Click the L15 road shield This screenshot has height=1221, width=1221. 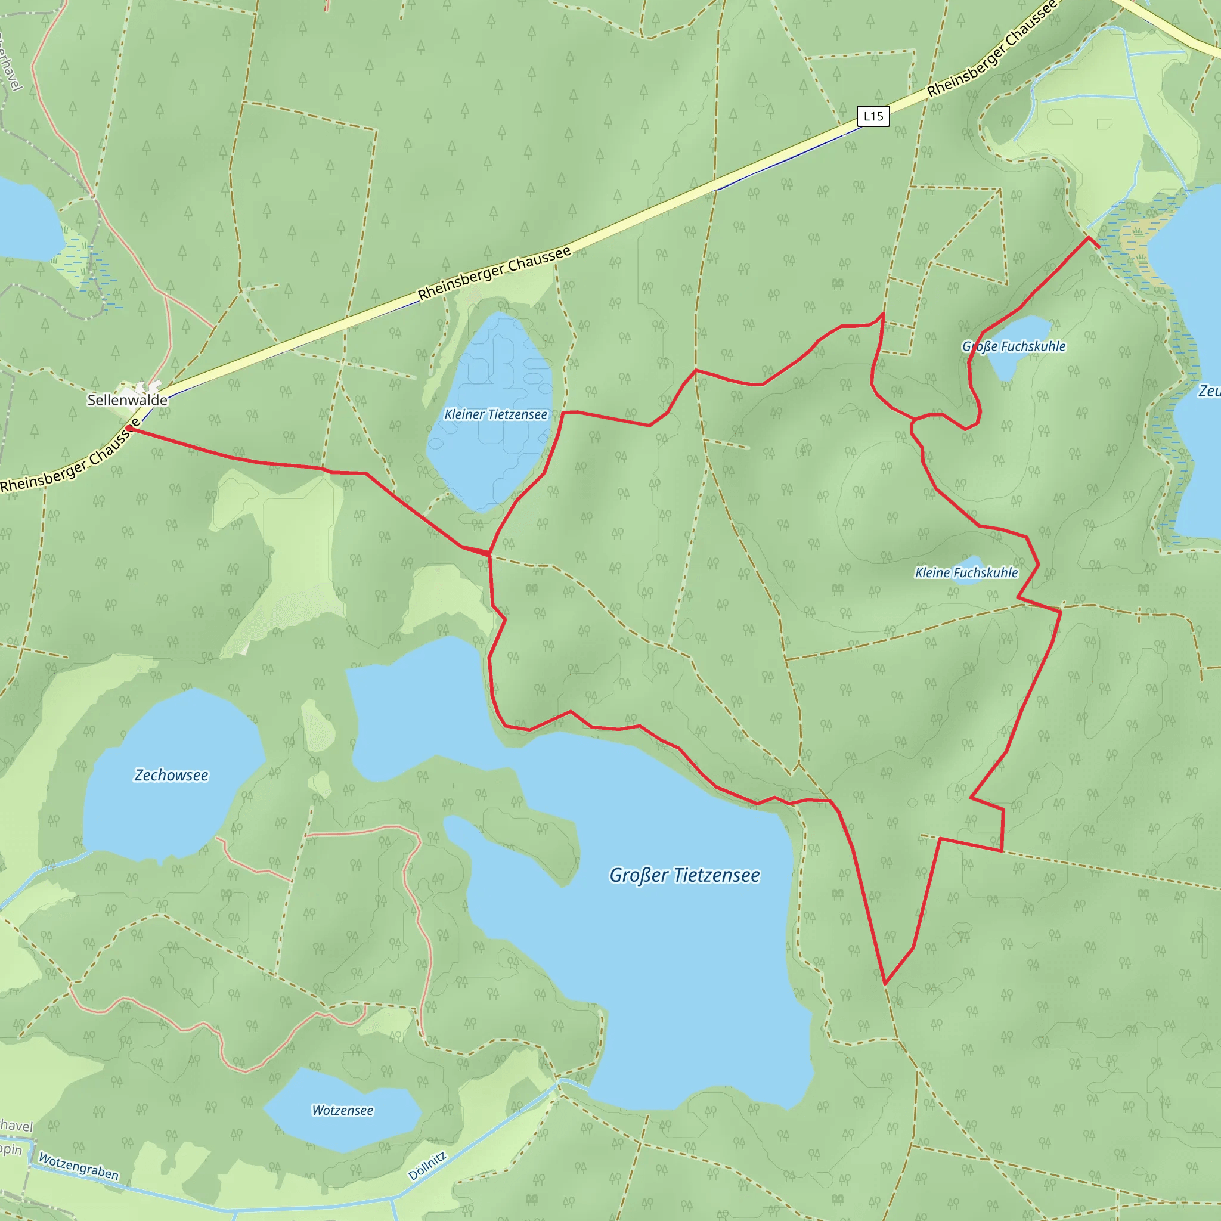click(x=873, y=116)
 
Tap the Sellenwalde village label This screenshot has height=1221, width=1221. click(x=127, y=400)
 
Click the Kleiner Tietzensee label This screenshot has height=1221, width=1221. click(x=495, y=414)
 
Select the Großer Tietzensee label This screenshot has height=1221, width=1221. click(x=684, y=875)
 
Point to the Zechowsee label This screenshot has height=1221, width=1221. click(x=171, y=776)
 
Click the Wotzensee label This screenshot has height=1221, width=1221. click(x=343, y=1110)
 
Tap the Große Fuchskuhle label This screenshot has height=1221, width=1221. click(x=1014, y=346)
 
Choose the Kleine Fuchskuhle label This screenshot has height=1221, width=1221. click(x=966, y=572)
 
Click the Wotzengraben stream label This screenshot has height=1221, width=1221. click(x=78, y=1167)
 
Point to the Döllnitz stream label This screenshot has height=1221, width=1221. click(x=427, y=1167)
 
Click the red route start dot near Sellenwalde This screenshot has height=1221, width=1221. click(x=129, y=429)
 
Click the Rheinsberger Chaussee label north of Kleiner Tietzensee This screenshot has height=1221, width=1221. click(x=494, y=273)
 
